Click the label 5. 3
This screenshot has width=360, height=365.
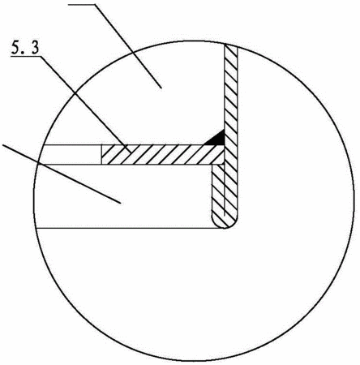pyautogui.click(x=25, y=47)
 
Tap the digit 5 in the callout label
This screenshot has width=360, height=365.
pyautogui.click(x=15, y=47)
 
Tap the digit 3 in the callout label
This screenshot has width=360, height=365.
pyautogui.click(x=35, y=47)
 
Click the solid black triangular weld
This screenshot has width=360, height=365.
pyautogui.click(x=215, y=138)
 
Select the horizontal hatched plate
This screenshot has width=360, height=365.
pyautogui.click(x=163, y=154)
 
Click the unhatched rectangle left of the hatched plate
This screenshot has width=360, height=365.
pyautogui.click(x=71, y=154)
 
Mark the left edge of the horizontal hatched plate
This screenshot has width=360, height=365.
pyautogui.click(x=101, y=154)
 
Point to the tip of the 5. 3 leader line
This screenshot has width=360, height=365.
pyautogui.click(x=132, y=153)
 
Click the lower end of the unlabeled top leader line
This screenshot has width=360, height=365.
pyautogui.click(x=161, y=88)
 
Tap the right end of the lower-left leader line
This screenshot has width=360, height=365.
pyautogui.click(x=121, y=204)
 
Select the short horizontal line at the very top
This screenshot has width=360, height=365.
pyautogui.click(x=82, y=4)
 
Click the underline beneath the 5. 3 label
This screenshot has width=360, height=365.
pyautogui.click(x=25, y=56)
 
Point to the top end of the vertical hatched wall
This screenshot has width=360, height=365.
pyautogui.click(x=231, y=45)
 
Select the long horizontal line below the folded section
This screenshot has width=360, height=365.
pyautogui.click(x=130, y=229)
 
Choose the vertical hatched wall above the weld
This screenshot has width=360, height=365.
pyautogui.click(x=231, y=88)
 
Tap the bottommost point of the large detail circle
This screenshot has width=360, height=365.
pyautogui.click(x=194, y=362)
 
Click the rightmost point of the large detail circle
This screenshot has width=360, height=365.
pyautogui.click(x=354, y=201)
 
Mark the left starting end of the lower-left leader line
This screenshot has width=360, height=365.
pyautogui.click(x=2, y=145)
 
